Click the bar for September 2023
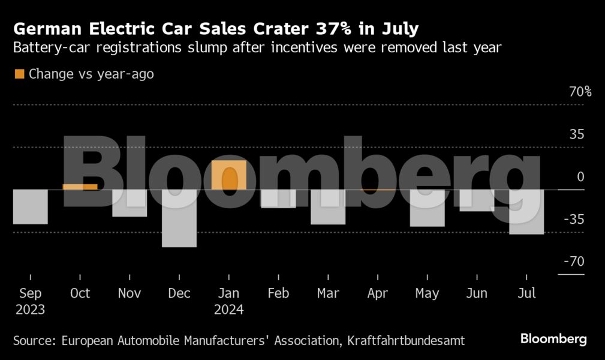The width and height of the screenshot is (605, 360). [30, 206]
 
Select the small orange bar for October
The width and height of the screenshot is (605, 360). [80, 187]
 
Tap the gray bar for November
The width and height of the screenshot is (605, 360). [130, 203]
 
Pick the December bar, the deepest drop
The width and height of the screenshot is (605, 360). [179, 218]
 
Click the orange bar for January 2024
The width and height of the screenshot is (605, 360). [229, 175]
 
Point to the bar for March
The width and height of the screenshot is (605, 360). [328, 206]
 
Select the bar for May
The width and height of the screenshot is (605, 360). [427, 208]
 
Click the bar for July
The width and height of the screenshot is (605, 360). [526, 211]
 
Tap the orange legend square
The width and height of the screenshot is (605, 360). [19, 74]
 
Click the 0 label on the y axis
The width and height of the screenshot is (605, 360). [580, 177]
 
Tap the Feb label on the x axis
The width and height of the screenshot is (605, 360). [278, 293]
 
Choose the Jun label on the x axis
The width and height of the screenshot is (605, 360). [477, 293]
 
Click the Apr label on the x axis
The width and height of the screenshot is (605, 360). [378, 293]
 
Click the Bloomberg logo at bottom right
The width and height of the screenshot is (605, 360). [553, 339]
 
